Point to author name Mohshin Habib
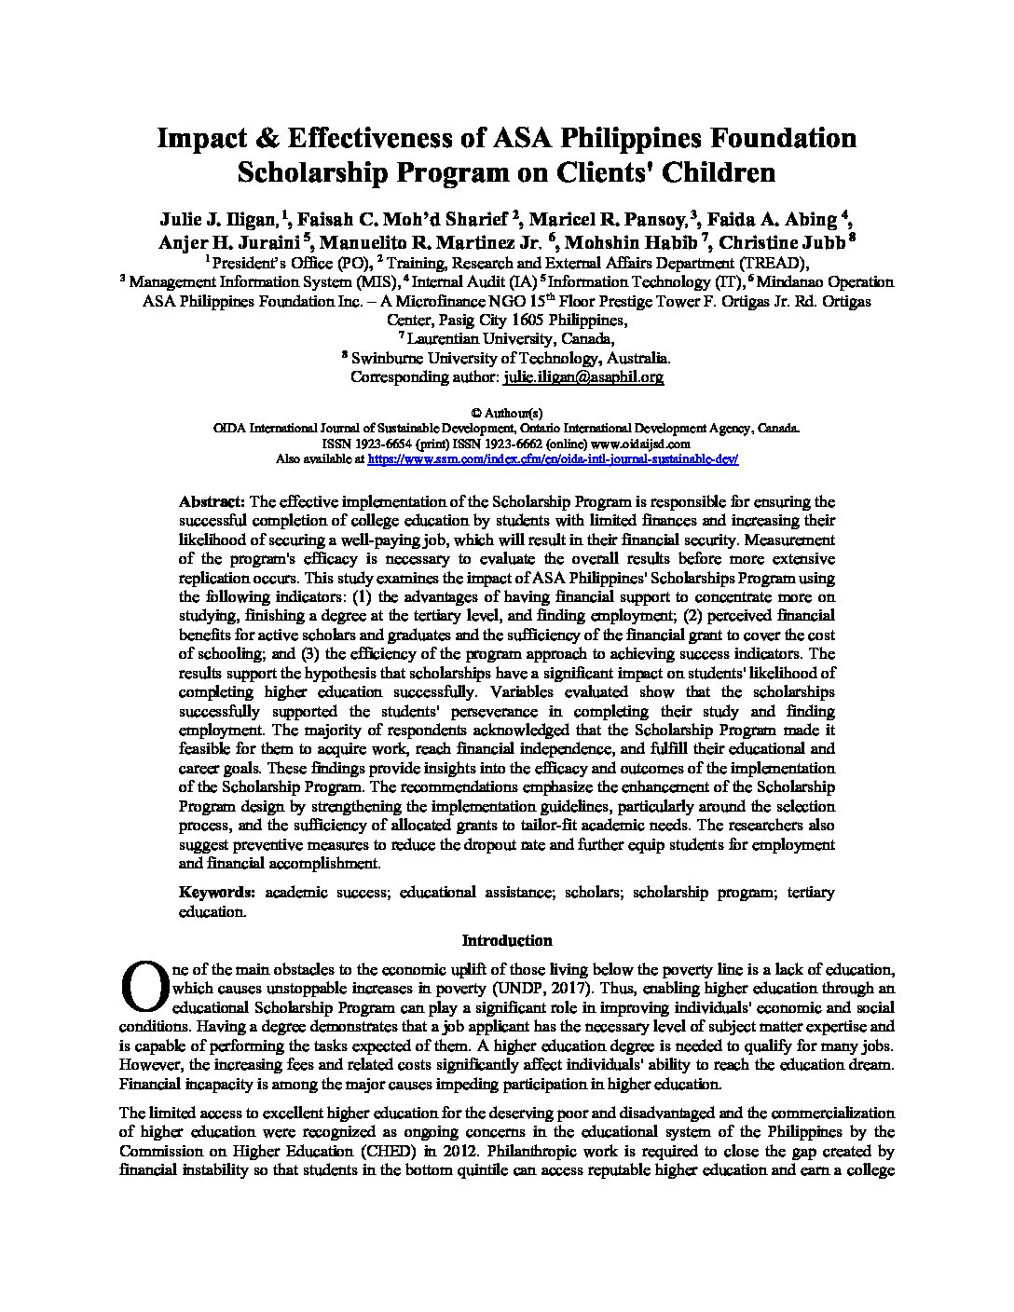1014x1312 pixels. [x=650, y=241]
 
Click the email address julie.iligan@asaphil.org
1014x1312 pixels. [x=582, y=377]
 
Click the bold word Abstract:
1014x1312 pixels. [x=212, y=501]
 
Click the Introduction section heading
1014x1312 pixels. [x=507, y=940]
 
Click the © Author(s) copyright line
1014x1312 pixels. [x=507, y=412]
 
